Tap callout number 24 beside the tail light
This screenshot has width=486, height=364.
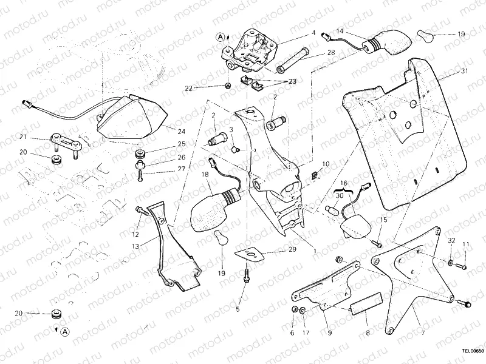(x=181, y=130)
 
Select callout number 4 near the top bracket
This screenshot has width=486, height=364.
(x=313, y=33)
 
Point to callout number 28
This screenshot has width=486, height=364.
(x=330, y=53)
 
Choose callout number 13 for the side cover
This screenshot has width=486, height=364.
(x=134, y=246)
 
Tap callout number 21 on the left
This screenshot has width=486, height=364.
(x=22, y=136)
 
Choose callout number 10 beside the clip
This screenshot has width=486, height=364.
(x=326, y=164)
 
